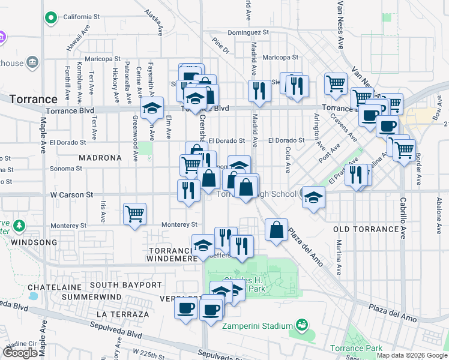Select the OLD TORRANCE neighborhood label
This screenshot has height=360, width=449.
366,229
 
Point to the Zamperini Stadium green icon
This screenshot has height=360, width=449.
302,326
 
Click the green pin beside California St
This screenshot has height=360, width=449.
52,17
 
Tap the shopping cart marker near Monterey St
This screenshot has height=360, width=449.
135,213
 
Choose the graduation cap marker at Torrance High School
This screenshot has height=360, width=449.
313,197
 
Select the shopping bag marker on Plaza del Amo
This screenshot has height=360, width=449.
276,230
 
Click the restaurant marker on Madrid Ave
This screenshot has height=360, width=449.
259,90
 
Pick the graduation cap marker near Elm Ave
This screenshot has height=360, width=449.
152,109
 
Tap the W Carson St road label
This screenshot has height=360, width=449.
71,195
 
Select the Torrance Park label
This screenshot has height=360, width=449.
358,348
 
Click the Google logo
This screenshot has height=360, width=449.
20,353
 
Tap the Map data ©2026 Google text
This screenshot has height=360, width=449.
411,355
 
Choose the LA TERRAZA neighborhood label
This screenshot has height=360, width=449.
122,314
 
